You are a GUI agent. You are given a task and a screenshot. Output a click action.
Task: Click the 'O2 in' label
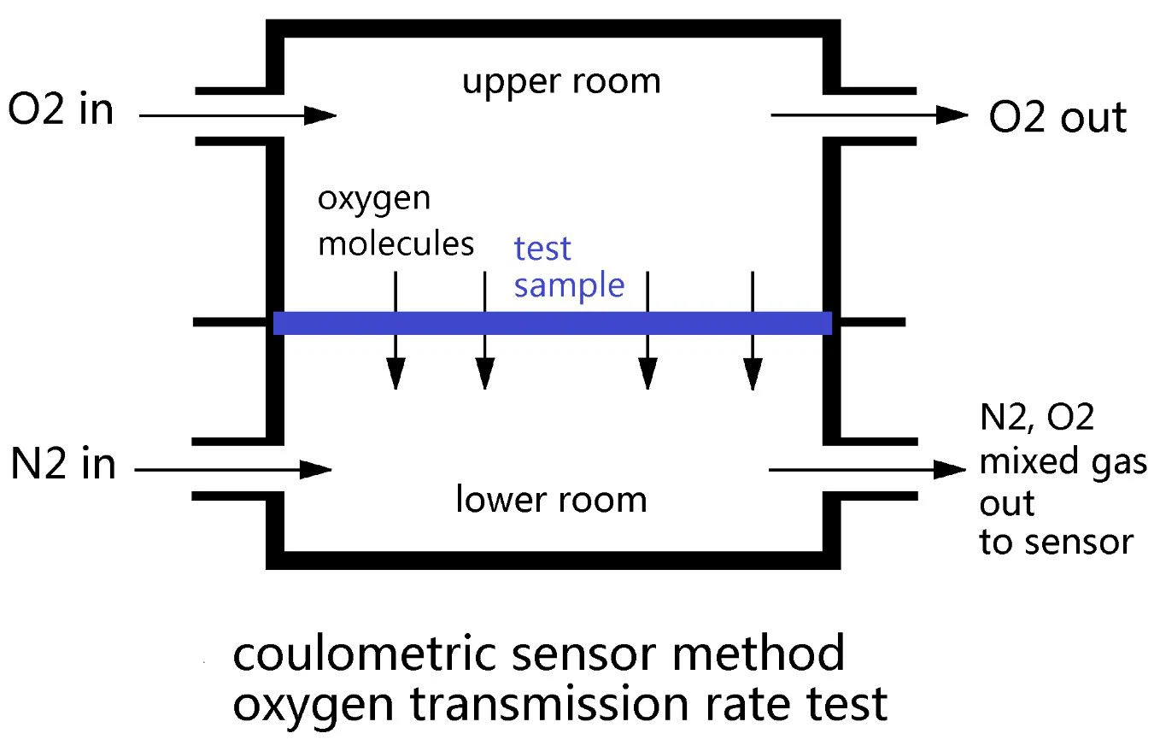click(x=61, y=110)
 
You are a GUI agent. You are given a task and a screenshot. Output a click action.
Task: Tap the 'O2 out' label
click(x=1057, y=118)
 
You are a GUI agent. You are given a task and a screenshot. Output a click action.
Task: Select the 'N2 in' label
click(x=63, y=466)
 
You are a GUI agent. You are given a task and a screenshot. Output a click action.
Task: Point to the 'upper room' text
click(x=561, y=82)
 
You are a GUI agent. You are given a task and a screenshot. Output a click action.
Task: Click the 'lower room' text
click(x=551, y=499)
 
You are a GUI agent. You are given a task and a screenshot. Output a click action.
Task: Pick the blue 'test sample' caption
click(x=569, y=267)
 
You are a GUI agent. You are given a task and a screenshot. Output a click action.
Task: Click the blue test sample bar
click(x=552, y=323)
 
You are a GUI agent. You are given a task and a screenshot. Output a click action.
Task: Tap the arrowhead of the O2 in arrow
click(x=323, y=114)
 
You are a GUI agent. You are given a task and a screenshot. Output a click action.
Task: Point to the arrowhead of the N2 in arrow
click(x=319, y=469)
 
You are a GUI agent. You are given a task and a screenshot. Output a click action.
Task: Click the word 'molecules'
click(x=395, y=244)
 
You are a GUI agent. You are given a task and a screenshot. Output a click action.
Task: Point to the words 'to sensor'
click(x=1056, y=542)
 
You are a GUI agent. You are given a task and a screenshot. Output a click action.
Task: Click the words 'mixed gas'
click(x=1062, y=462)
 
